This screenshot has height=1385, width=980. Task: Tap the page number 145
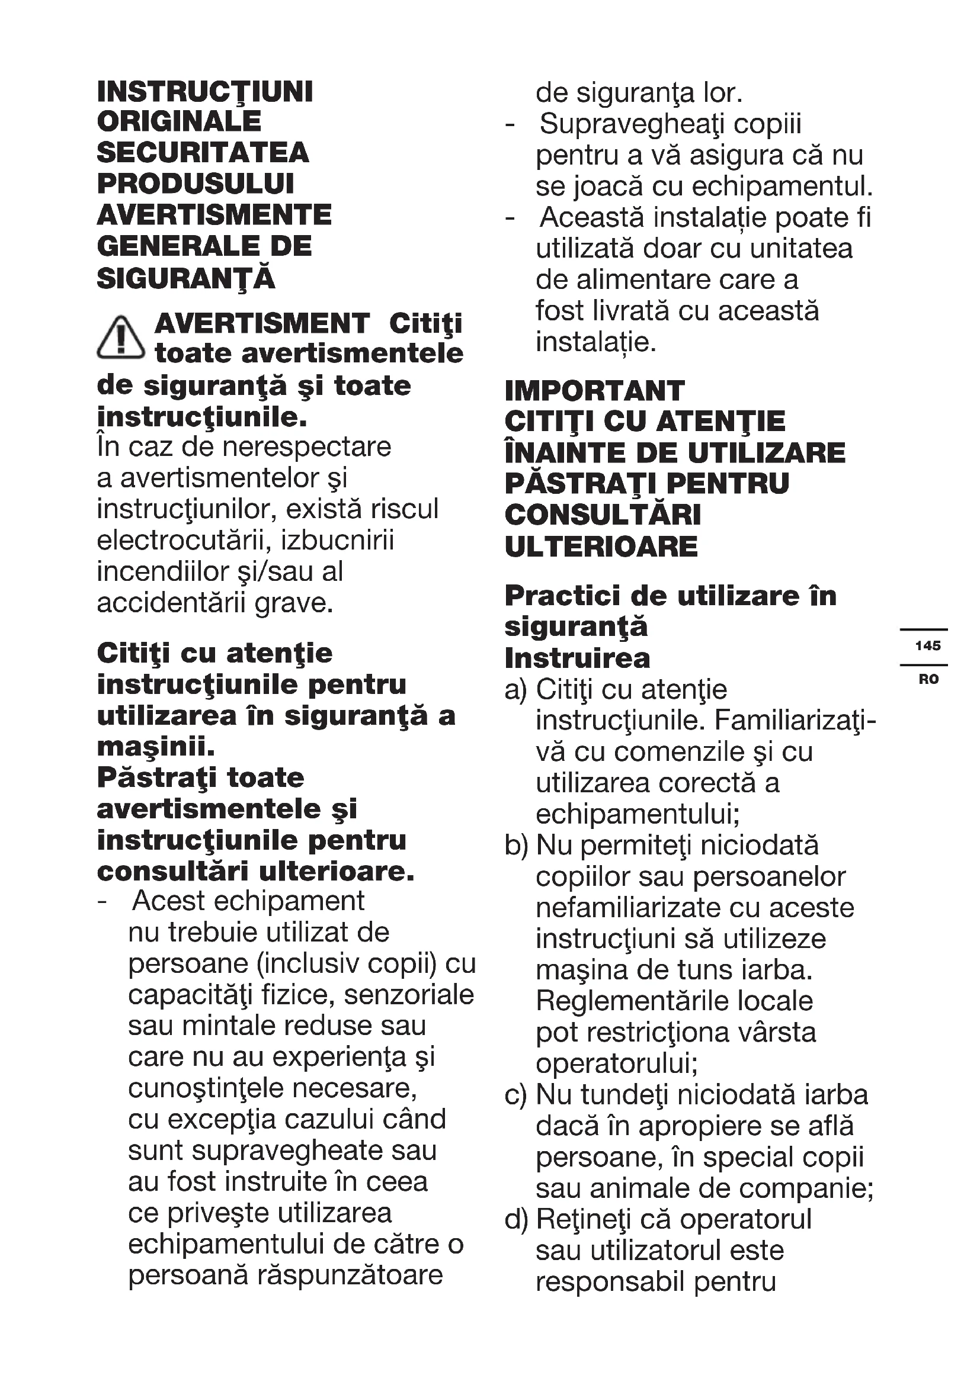coord(927,646)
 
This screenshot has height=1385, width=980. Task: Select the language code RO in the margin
coord(928,680)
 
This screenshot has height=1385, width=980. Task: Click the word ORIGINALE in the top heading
coord(179,123)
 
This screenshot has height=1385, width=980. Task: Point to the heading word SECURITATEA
coord(203,153)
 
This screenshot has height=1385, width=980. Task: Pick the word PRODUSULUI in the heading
coord(196,184)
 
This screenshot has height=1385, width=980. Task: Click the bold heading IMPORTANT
coord(594,391)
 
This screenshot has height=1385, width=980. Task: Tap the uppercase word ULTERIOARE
coord(601,547)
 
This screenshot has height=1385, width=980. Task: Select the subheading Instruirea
coord(578,658)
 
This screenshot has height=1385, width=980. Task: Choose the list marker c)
coord(515,1095)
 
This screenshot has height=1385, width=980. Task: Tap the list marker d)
coord(516,1220)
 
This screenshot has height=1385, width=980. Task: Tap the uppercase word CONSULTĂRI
coord(603,516)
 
